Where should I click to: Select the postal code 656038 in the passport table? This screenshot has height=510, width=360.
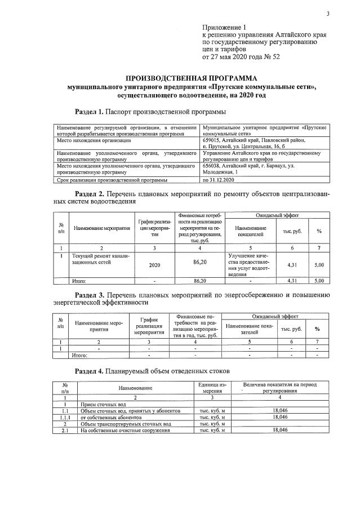pos(212,166)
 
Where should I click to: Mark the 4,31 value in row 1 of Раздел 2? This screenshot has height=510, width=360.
pos(292,263)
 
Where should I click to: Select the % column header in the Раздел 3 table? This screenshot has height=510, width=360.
pos(317,329)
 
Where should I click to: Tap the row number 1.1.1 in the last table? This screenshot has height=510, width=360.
pos(65,417)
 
